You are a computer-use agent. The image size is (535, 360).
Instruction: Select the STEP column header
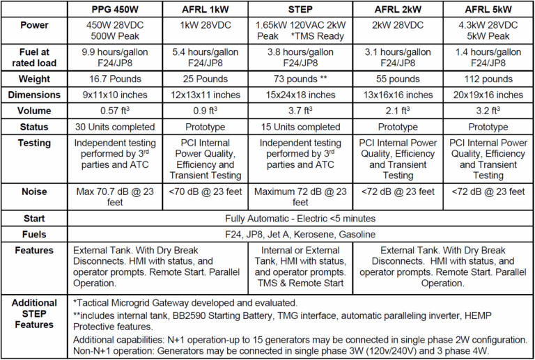pyautogui.click(x=300, y=10)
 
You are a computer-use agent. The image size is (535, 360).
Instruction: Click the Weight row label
pyautogui.click(x=35, y=79)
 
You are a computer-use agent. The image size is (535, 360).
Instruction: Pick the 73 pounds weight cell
pyautogui.click(x=300, y=79)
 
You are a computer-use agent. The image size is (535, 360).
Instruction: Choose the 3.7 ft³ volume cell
pyautogui.click(x=300, y=111)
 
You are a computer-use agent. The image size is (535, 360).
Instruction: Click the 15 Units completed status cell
pyautogui.click(x=300, y=127)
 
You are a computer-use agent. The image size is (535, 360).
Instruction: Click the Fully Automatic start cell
pyautogui.click(x=300, y=218)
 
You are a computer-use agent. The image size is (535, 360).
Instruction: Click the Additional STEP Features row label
pyautogui.click(x=35, y=315)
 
